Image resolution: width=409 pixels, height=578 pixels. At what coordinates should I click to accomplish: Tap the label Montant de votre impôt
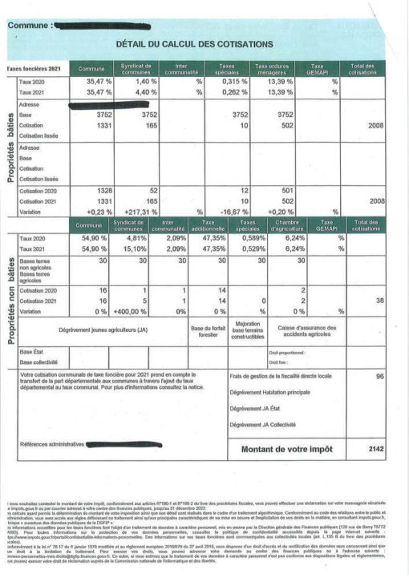point(286,449)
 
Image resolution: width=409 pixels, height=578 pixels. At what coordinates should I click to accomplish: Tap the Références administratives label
point(52,443)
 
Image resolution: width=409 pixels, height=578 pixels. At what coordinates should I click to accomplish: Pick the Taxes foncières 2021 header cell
point(33,70)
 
